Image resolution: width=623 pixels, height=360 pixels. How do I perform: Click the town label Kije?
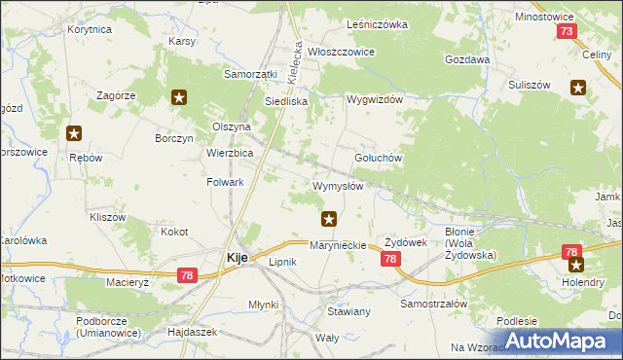(236, 258)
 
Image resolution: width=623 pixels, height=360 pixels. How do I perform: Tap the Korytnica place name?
(90, 30)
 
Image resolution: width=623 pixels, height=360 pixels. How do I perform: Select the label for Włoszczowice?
(342, 52)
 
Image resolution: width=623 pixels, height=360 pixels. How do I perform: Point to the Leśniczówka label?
(377, 24)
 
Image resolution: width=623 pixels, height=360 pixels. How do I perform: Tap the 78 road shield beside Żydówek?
(390, 259)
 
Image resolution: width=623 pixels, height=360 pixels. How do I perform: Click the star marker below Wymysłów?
(330, 219)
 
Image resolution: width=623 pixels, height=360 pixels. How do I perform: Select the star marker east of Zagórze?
(179, 96)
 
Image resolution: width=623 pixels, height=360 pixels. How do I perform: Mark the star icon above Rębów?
(74, 134)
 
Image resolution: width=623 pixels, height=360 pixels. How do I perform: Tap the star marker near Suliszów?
(579, 90)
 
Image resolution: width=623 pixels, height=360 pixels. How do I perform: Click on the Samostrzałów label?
(434, 304)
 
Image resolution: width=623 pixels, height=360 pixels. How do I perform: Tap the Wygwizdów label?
(375, 100)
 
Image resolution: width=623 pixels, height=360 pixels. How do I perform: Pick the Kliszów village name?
(107, 217)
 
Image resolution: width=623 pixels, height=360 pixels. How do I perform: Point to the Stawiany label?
(348, 311)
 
